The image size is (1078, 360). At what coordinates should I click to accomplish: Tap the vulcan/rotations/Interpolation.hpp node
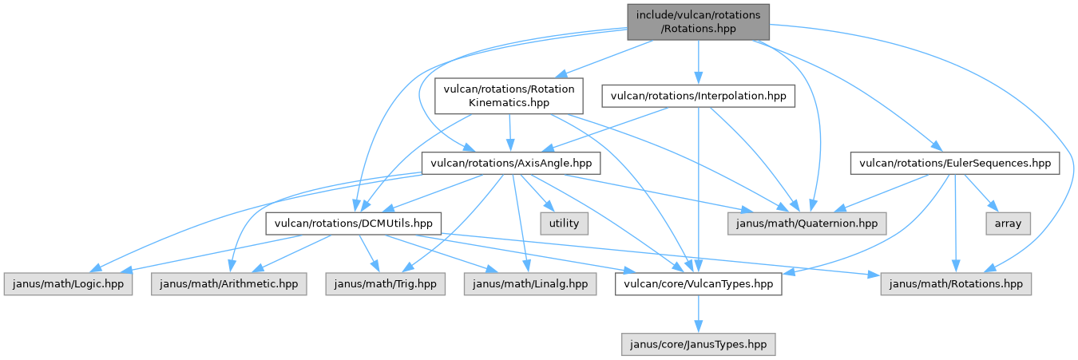(x=698, y=97)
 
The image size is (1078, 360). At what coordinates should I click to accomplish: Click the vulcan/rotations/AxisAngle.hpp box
(x=510, y=164)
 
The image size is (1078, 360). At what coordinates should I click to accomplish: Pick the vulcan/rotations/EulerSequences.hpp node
(x=955, y=164)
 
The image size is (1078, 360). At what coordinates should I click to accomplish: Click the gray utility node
(x=564, y=224)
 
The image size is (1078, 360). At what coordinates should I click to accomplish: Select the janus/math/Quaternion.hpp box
(x=807, y=224)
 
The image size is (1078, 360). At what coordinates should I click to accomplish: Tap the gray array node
(x=1008, y=224)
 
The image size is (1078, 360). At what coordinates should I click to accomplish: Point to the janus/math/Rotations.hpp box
(x=956, y=283)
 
